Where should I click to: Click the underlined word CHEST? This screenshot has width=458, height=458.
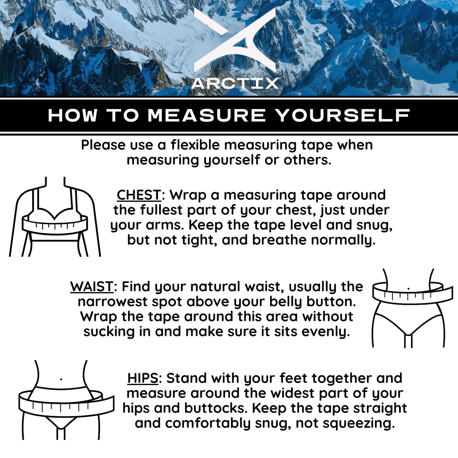(x=139, y=195)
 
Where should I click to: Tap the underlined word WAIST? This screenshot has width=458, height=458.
(x=92, y=287)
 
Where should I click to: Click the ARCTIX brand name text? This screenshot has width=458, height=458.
(x=235, y=84)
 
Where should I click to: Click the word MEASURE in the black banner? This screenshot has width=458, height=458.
(x=206, y=115)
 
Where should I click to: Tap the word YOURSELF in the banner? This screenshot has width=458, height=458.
(x=344, y=115)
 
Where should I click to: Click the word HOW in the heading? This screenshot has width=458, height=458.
(x=73, y=115)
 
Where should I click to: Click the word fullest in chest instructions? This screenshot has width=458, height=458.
(x=162, y=210)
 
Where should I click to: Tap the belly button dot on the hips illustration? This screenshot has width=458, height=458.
(x=61, y=379)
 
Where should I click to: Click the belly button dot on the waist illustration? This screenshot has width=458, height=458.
(x=408, y=289)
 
